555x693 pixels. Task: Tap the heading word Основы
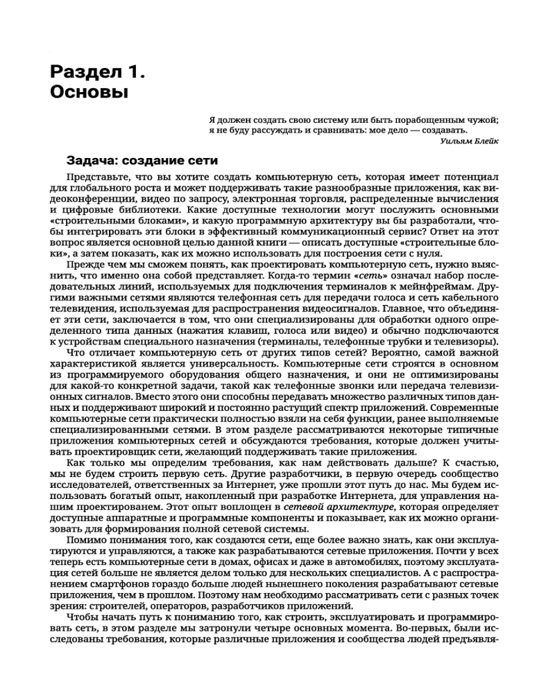pyautogui.click(x=89, y=92)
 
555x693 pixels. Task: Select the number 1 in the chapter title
pyautogui.click(x=135, y=71)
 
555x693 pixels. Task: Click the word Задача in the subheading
pyautogui.click(x=92, y=161)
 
